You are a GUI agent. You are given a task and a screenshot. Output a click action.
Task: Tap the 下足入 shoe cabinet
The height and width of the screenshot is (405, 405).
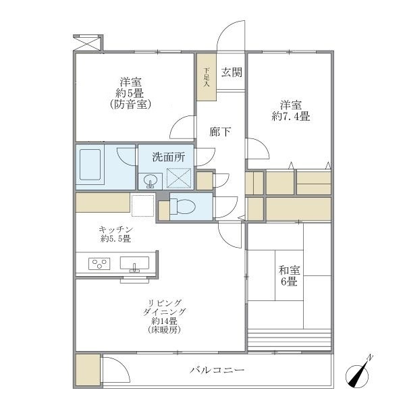[x=207, y=77]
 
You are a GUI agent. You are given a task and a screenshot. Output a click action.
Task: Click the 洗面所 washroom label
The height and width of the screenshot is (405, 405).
[x=167, y=157]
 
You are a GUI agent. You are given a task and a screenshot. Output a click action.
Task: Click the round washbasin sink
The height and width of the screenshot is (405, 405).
[x=150, y=180]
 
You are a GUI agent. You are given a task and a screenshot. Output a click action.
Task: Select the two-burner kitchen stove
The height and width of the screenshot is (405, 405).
[x=98, y=263]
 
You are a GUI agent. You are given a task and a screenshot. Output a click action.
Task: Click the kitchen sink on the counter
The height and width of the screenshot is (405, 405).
[x=135, y=263]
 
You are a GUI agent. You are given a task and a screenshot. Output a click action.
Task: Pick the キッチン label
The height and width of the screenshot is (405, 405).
[x=115, y=230]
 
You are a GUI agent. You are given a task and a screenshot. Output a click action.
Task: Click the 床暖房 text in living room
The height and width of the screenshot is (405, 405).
[x=164, y=330]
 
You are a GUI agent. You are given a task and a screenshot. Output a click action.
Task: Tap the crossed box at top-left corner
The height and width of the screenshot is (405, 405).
[x=87, y=42]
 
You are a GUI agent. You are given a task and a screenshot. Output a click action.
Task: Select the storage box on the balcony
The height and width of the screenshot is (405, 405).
[x=88, y=371]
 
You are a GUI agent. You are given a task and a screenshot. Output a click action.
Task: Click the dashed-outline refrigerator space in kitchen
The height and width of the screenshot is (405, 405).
[x=143, y=205]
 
